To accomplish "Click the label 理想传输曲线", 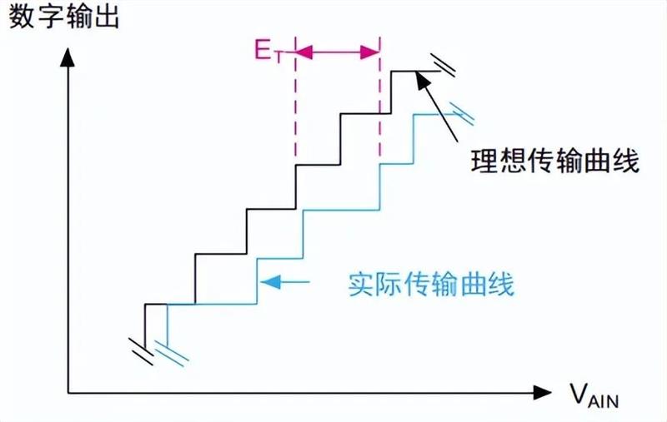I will (554, 161).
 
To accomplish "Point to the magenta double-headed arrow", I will (338, 52).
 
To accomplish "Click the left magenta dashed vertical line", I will (296, 108).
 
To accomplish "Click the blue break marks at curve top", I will (461, 111).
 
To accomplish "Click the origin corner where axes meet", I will (68, 390).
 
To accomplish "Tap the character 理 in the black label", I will (484, 161).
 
